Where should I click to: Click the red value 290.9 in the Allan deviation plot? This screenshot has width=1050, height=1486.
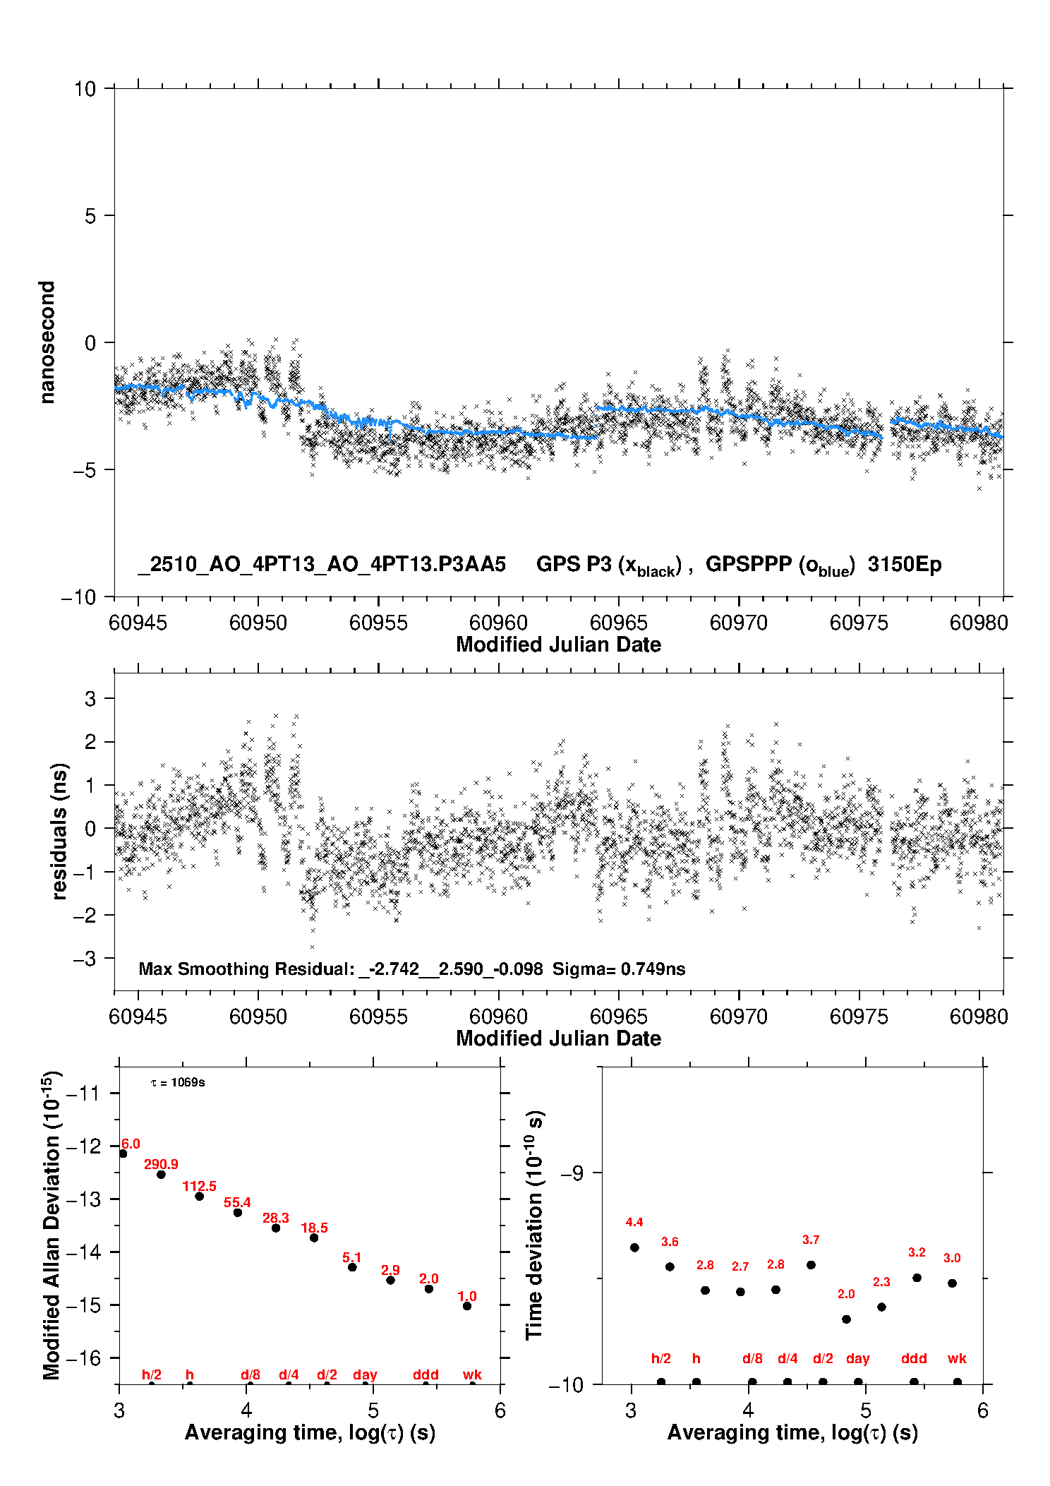161,1164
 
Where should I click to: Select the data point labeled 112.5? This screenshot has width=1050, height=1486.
200,1196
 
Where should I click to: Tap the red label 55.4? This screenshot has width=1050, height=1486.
237,1202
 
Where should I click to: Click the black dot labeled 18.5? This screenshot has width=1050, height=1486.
314,1238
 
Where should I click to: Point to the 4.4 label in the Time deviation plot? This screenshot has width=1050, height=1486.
634,1222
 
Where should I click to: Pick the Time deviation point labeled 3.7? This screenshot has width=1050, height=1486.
811,1264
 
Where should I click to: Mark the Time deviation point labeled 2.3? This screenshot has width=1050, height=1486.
881,1307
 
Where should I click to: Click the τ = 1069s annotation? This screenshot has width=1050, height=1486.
178,1082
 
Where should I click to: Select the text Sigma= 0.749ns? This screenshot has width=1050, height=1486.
619,969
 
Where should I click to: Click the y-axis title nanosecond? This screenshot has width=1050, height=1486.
47,342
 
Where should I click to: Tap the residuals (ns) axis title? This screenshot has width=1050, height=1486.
59,831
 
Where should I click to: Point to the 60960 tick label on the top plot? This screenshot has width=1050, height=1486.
498,623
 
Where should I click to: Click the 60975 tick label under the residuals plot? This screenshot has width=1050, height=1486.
859,1017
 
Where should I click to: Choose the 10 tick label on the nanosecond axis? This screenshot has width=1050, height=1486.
85,89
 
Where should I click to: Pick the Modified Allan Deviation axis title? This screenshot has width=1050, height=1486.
52,1224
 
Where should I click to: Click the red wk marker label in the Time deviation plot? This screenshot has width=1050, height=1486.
957,1358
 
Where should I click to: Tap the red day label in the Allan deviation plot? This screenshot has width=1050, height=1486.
365,1374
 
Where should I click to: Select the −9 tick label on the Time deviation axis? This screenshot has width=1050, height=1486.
572,1173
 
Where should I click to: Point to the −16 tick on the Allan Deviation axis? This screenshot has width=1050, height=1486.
85,1358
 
